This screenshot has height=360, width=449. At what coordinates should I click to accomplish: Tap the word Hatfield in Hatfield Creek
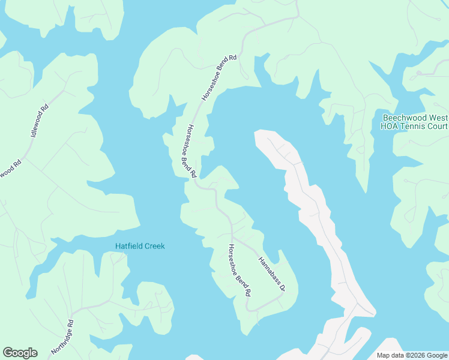129,247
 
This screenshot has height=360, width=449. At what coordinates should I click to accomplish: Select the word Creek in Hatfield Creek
154,247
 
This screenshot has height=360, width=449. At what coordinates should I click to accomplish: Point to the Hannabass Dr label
271,273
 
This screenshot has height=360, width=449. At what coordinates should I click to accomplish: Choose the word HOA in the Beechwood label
391,126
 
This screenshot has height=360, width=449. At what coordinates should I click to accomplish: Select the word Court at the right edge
441,126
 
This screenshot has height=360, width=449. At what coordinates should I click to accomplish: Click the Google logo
20,353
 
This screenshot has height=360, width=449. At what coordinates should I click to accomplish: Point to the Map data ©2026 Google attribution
411,355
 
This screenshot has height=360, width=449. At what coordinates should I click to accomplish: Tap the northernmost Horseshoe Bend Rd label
220,77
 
